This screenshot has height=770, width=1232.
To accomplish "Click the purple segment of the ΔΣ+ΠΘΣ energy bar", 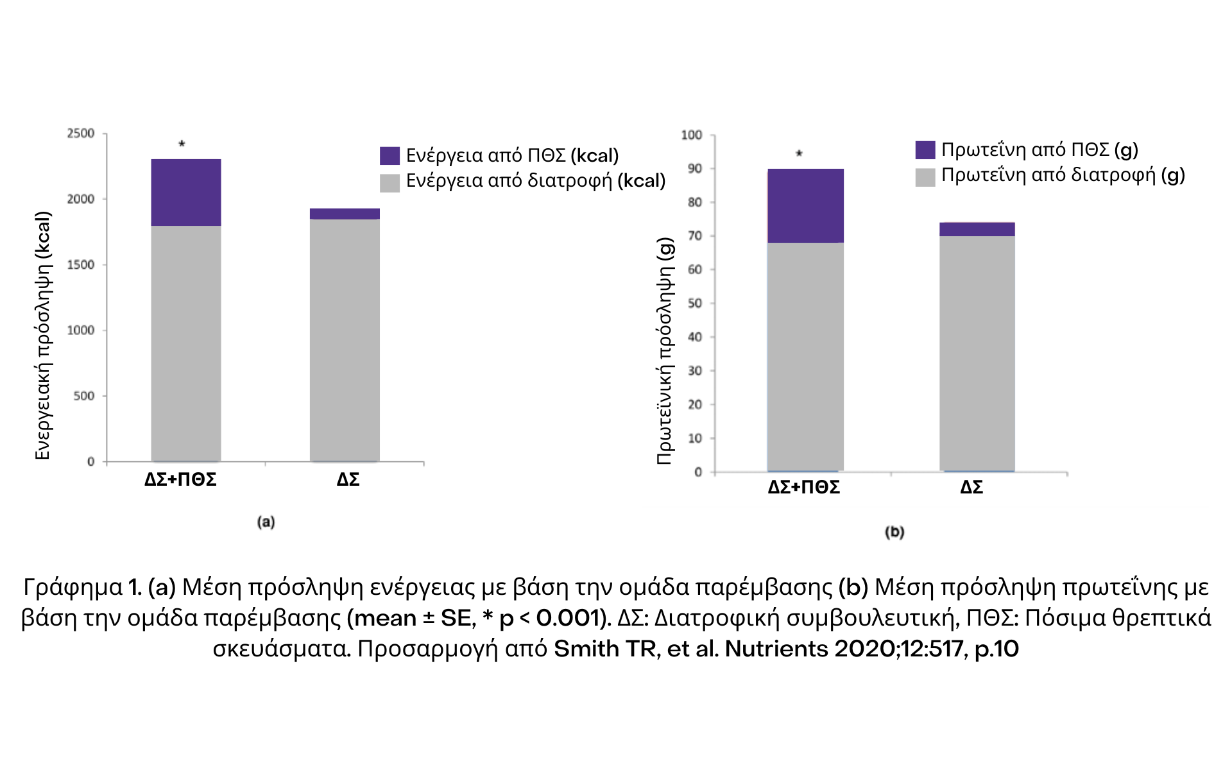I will tap(186, 193).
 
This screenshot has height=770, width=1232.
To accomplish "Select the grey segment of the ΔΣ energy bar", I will tap(345, 340).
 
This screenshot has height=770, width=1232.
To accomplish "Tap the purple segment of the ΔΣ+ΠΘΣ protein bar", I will tap(805, 206).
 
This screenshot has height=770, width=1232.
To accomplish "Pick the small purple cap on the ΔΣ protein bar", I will tap(977, 230).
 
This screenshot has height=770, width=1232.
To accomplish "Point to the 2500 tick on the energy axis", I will tap(81, 133).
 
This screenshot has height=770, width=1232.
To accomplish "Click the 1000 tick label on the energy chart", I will tap(81, 330).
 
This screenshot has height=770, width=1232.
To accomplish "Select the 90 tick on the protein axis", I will tap(695, 169).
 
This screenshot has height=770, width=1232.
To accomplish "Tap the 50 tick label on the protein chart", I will tap(695, 304).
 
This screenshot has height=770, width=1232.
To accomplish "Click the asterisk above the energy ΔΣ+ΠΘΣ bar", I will tap(182, 144).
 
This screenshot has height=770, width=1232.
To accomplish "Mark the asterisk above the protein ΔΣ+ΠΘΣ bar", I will tap(799, 154).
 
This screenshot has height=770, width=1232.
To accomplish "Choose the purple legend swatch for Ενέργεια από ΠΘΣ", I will tap(389, 156).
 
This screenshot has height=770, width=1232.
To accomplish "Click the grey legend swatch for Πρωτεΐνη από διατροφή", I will tap(925, 177).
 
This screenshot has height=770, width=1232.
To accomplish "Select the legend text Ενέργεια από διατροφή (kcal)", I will tap(536, 181).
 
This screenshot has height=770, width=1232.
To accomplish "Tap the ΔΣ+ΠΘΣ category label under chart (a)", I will tap(180, 480).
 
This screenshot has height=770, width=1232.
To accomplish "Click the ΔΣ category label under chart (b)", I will tap(971, 488).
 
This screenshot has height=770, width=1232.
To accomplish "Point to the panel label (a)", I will tap(266, 522).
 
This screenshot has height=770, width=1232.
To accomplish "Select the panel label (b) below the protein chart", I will tap(894, 532).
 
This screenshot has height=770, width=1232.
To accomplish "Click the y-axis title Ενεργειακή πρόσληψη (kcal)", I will tap(42, 335).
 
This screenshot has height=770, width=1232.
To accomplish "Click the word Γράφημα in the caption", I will tap(73, 587).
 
